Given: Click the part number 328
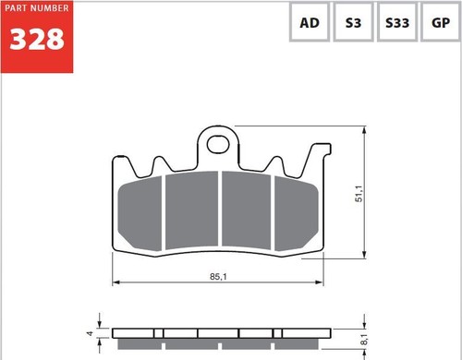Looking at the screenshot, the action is point(37,39).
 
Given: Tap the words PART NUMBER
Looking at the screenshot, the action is point(37,8).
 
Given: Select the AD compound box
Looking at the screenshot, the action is point(310,22).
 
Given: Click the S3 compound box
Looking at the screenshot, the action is point(353,22).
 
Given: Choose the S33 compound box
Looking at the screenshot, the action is point(397,22).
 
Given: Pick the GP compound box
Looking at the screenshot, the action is point(441,22).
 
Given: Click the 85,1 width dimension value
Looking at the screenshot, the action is point(218,277).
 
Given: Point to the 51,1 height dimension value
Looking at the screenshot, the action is point(359,194).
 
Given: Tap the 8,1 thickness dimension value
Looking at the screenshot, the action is point(364,340).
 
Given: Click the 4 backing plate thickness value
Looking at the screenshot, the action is point(90,333).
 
